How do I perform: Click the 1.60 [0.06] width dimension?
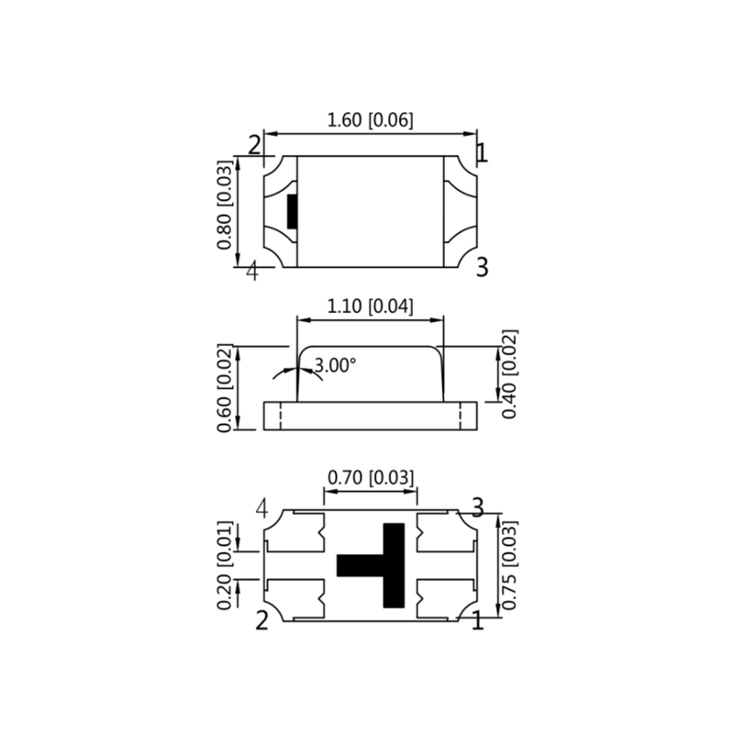tap(370, 119)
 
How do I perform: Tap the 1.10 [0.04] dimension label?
tap(372, 307)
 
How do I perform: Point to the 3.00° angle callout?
tap(334, 365)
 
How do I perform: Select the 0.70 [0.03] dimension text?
tap(372, 478)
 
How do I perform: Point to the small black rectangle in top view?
tap(293, 211)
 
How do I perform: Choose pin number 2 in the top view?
tap(254, 145)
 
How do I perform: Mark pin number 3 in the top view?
tap(482, 267)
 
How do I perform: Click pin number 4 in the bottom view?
tap(262, 508)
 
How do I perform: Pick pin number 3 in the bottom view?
tap(477, 506)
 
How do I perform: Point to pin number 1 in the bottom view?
tap(477, 622)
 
